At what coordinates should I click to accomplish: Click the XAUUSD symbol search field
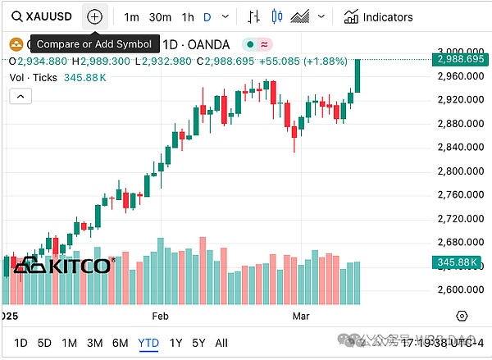tap(39, 16)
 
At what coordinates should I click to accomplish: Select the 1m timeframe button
tap(131, 16)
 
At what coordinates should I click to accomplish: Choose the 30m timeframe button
tap(161, 16)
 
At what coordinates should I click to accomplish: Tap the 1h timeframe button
tap(188, 16)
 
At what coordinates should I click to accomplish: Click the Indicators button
tap(379, 16)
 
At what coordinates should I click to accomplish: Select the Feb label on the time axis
tap(160, 316)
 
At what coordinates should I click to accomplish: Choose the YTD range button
tap(148, 343)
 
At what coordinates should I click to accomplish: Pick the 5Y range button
tap(198, 343)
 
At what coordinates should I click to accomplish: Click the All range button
tap(221, 343)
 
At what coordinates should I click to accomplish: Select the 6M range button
tap(120, 343)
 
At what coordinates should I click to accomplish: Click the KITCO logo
tap(62, 266)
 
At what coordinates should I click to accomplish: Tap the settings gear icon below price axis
tap(462, 316)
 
